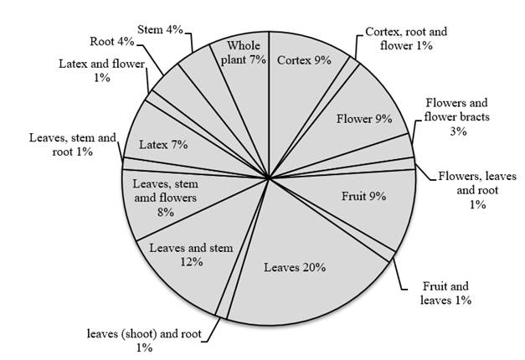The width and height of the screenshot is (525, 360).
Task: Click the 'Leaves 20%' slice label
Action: tap(295, 267)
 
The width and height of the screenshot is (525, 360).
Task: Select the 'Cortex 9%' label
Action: tap(304, 60)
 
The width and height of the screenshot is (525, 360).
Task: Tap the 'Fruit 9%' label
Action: tap(363, 196)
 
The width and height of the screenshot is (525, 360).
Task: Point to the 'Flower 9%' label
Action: tap(364, 119)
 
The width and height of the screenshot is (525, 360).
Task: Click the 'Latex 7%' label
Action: tap(163, 145)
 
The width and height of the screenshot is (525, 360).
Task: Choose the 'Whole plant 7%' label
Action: tap(244, 53)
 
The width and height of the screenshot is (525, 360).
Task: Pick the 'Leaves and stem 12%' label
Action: tap(191, 255)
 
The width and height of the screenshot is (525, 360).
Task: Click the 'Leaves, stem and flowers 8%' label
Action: tap(166, 198)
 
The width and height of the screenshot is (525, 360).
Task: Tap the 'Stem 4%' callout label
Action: tap(160, 29)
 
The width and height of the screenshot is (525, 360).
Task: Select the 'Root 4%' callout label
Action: tap(112, 42)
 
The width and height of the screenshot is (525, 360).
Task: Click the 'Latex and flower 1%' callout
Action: tap(102, 70)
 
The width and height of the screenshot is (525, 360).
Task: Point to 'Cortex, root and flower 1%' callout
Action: tap(406, 39)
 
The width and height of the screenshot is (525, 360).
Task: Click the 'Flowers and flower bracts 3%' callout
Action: tap(457, 117)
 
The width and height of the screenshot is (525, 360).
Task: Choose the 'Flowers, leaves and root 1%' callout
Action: tap(477, 190)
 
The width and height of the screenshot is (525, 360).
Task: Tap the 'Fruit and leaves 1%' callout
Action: tap(445, 293)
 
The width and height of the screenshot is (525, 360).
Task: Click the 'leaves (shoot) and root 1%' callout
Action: tap(144, 341)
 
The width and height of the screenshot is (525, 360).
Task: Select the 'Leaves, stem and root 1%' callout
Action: tap(72, 145)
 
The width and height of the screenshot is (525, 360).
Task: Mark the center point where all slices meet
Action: tap(269, 177)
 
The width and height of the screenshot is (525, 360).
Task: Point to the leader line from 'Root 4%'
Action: tap(150, 60)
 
